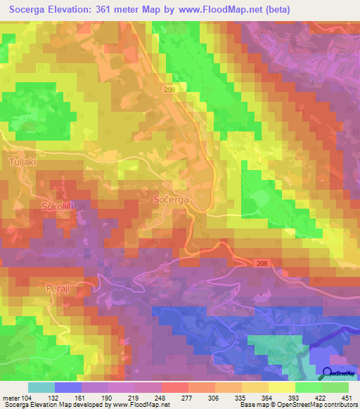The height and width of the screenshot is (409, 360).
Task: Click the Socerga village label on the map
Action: (x=170, y=200)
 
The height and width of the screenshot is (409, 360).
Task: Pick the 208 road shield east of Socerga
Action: (x=262, y=262)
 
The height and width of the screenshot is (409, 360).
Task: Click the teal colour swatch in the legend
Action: (x=41, y=387)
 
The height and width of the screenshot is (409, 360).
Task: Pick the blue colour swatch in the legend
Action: (x=68, y=387)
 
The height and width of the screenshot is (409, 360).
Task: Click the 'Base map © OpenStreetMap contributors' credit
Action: (x=297, y=404)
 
